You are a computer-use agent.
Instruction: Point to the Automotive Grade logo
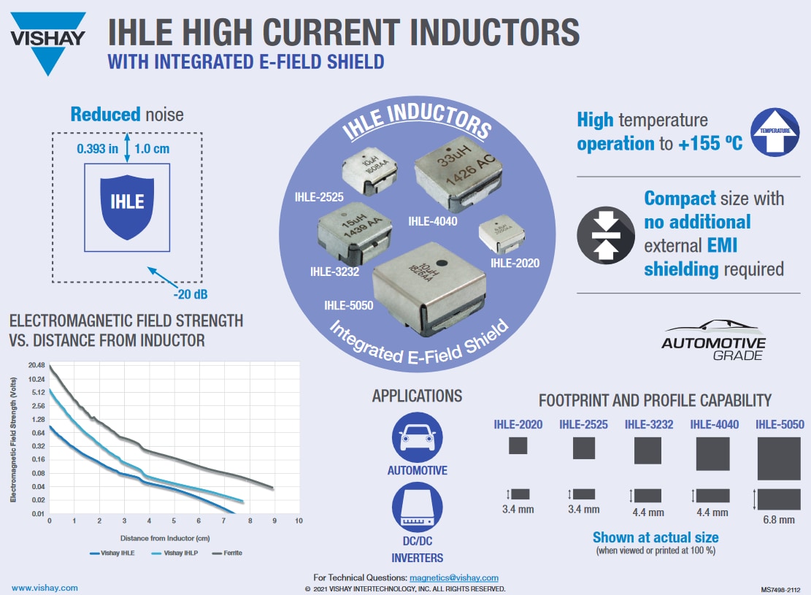[713, 340]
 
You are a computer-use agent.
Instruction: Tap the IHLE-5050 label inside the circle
[348, 305]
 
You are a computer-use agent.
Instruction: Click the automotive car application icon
[417, 436]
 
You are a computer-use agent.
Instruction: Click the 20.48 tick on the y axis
[36, 366]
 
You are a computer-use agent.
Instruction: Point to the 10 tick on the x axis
[299, 521]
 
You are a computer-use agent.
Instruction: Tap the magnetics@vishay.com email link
[453, 577]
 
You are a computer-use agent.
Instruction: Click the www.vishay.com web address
[45, 588]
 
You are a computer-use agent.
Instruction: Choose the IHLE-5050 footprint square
[779, 458]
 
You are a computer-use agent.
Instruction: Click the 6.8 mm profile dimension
[779, 520]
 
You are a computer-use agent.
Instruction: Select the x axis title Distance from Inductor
[173, 537]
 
